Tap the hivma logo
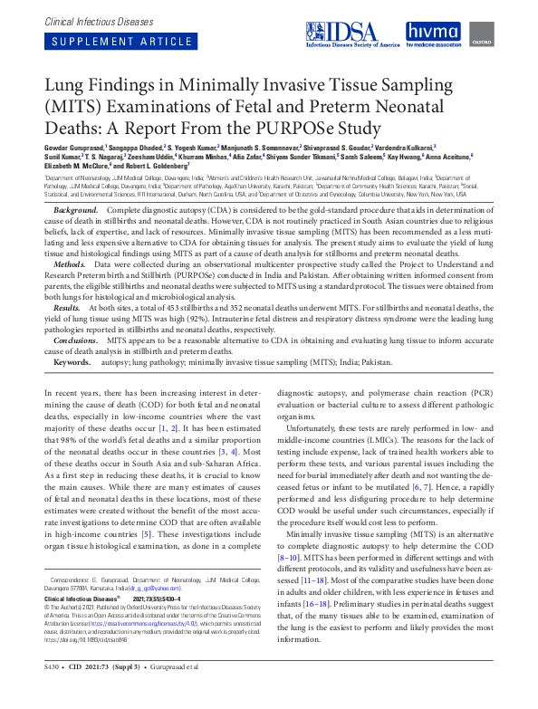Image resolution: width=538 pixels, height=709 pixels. [x=433, y=35]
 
